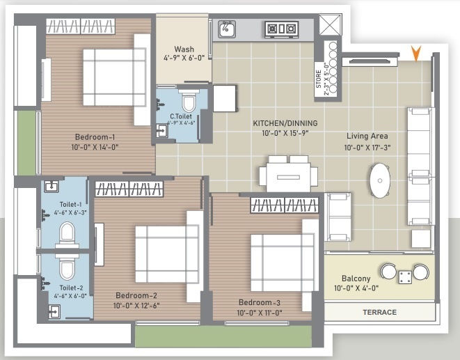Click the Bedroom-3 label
tap(260, 302)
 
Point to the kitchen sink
tap(227, 29)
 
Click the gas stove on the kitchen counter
tap(280, 29)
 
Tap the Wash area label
tap(184, 49)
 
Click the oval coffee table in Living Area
tap(379, 180)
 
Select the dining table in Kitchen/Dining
tap(288, 174)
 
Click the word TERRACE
tap(379, 313)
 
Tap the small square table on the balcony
tap(404, 278)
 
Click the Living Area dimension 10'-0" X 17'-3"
tap(371, 148)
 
